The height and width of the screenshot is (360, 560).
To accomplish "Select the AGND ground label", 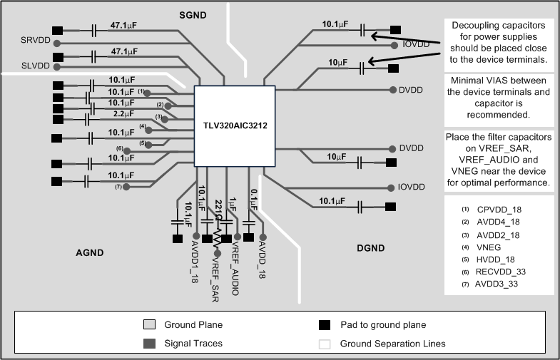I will (x=90, y=252).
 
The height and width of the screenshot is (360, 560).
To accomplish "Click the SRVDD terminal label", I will (x=36, y=40).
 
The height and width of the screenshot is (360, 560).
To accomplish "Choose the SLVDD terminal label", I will (x=36, y=66).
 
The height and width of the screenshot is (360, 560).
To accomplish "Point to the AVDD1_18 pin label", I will (x=195, y=262).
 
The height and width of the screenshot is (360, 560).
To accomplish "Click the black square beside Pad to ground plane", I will (x=324, y=325).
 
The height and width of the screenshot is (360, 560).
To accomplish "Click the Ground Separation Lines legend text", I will (x=392, y=344).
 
